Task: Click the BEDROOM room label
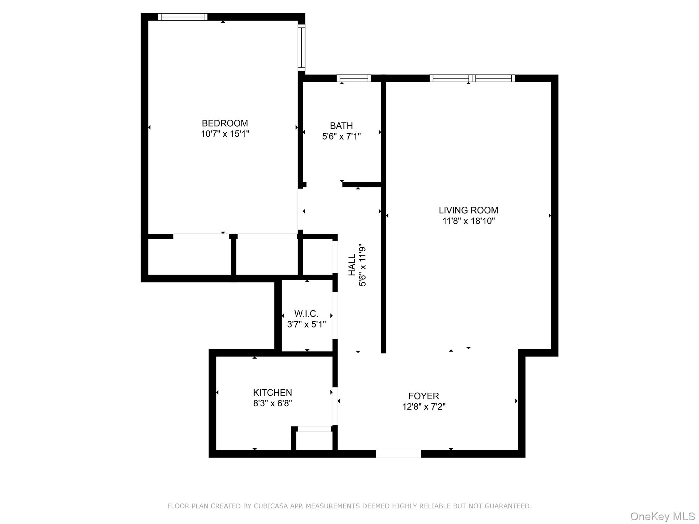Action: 225,123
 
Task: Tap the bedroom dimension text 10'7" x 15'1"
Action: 225,134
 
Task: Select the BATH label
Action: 341,126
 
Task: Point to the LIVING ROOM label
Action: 468,210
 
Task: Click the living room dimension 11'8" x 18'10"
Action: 468,221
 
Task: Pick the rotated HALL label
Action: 352,265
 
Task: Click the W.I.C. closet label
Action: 306,314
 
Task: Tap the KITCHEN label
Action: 272,392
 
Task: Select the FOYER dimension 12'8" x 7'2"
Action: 424,407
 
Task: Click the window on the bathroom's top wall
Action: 354,78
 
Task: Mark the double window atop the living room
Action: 472,78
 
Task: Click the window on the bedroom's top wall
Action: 183,17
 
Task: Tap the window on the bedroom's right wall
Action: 301,47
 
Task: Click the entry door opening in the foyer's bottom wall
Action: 398,454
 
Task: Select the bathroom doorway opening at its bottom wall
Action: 324,185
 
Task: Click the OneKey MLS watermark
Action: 662,516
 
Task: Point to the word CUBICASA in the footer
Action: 270,506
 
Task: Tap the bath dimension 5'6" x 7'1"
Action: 341,136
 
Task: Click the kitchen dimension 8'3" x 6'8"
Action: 272,403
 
